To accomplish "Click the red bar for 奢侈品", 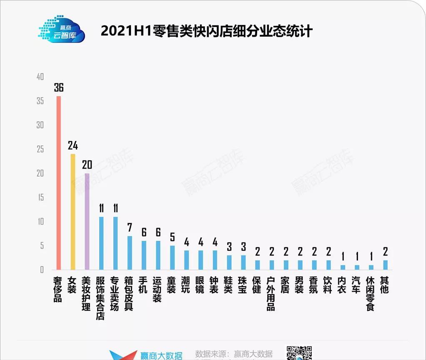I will click(59, 183).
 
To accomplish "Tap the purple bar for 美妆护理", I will click(87, 221).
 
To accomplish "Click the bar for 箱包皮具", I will click(130, 253).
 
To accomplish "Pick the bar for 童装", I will click(172, 257).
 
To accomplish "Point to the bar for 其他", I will click(386, 265).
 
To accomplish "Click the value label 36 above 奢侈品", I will click(59, 87).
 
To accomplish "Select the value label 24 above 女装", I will click(73, 145).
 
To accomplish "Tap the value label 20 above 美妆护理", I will click(87, 165).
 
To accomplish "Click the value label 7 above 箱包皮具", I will click(130, 227).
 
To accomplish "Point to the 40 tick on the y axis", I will click(40, 77).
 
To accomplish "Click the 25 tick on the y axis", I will click(40, 149).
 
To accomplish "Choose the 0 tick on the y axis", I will click(42, 270).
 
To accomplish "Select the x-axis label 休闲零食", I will click(371, 293).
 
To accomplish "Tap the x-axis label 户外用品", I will click(271, 293).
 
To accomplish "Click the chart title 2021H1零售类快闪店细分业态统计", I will click(206, 31).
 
